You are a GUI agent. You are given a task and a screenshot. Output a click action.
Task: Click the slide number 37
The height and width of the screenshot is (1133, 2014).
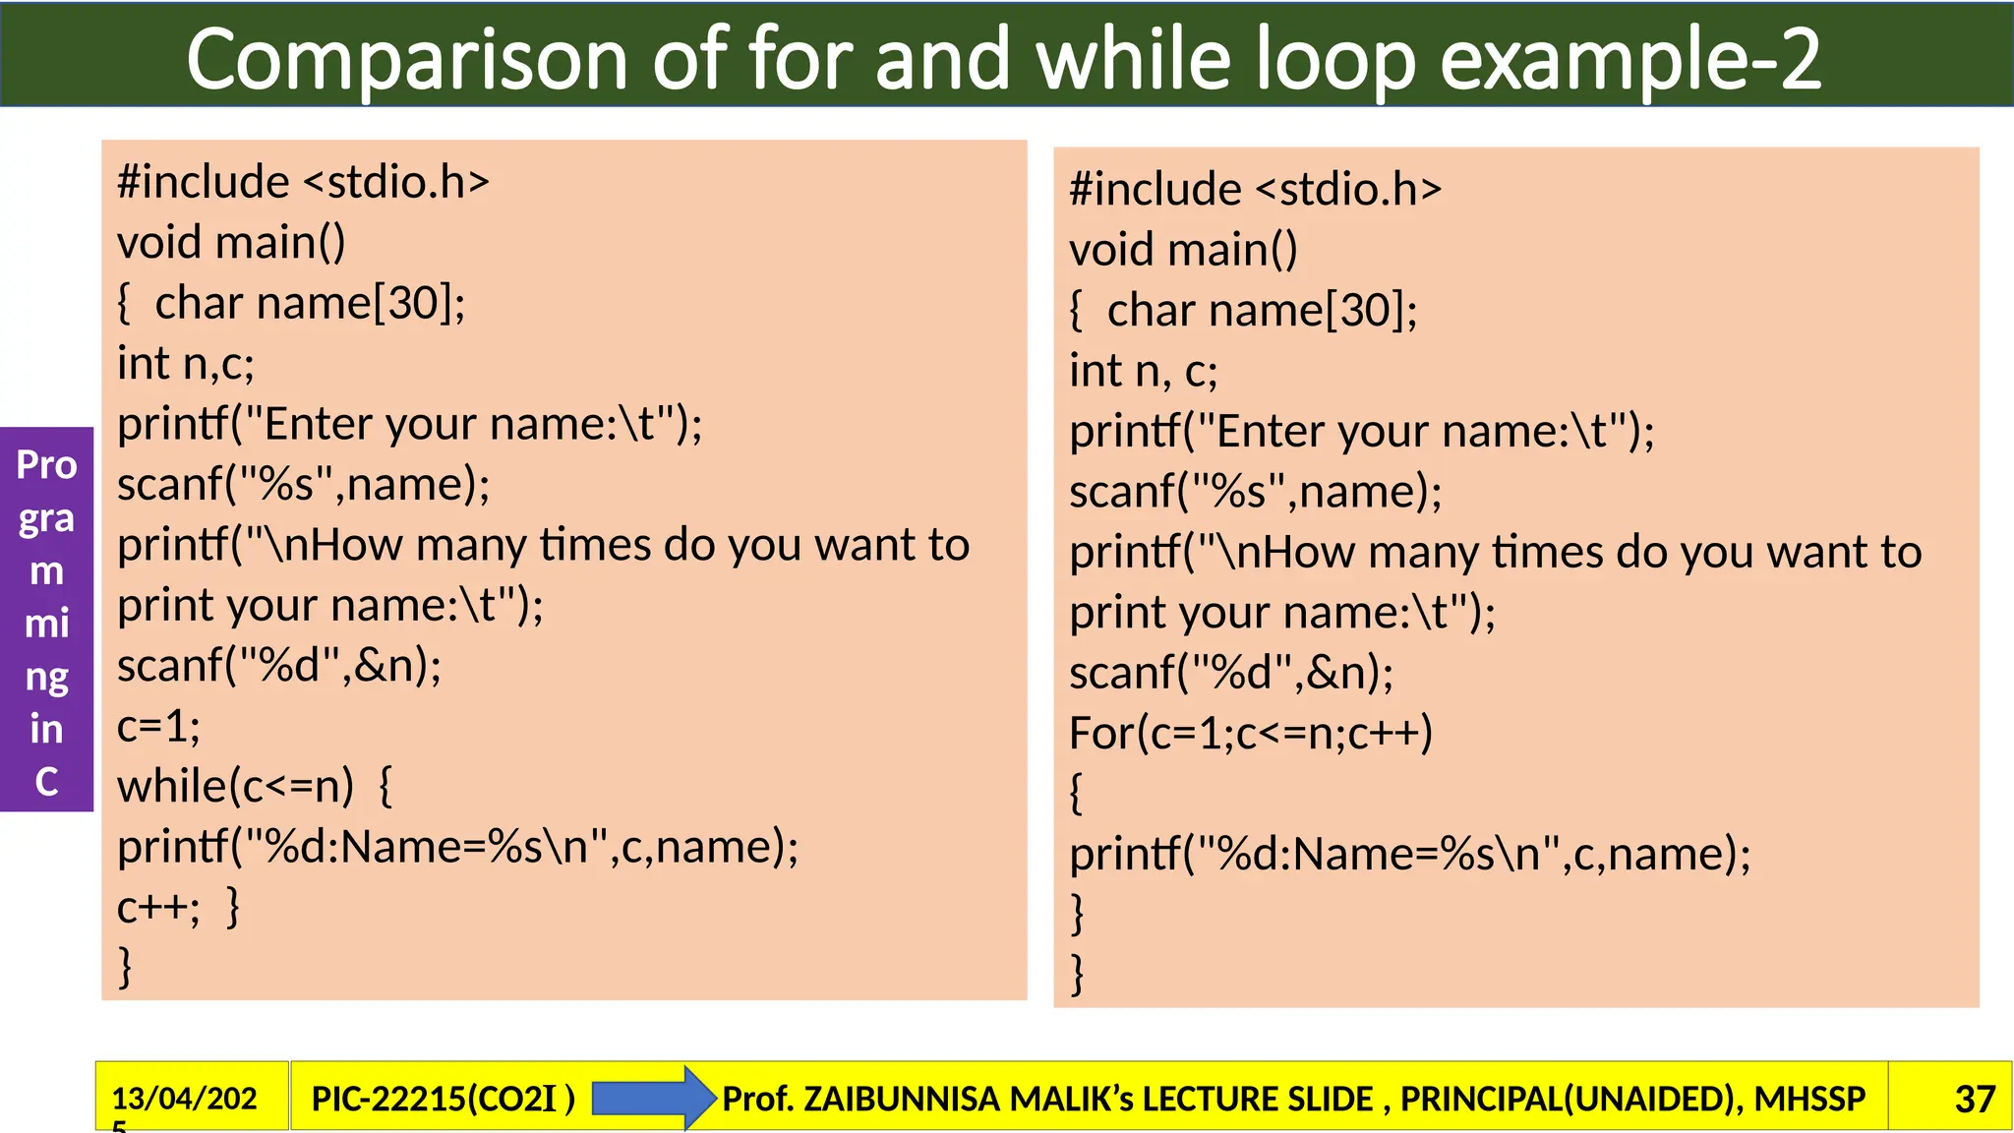pos(1974,1099)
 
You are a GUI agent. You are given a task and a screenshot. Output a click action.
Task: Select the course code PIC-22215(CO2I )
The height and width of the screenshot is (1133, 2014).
pos(443,1099)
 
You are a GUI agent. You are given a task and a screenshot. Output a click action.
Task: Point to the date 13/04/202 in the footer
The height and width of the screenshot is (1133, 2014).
pos(184,1098)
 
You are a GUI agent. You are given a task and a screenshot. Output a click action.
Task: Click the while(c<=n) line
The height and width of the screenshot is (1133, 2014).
pos(235,786)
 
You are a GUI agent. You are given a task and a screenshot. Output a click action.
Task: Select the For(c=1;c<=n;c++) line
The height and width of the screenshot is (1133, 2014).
pos(1250,733)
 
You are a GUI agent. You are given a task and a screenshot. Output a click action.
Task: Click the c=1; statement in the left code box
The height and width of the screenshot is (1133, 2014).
pos(158,726)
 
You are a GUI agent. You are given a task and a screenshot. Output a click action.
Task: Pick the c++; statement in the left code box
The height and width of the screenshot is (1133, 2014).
pos(157,907)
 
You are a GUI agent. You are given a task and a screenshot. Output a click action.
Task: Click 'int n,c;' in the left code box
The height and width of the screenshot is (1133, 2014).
pos(186,363)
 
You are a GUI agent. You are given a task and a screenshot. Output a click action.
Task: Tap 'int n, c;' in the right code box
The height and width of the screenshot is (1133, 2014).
pos(1144,371)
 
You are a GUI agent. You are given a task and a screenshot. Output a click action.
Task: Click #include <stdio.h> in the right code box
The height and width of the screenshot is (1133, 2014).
pos(1255,189)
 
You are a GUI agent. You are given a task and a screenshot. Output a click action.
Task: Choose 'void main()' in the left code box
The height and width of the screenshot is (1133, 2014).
pos(231,242)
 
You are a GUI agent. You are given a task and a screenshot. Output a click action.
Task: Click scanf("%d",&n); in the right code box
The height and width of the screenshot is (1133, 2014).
pos(1231,673)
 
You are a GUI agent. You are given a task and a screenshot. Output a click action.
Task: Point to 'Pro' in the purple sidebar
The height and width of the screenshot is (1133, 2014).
pos(46,464)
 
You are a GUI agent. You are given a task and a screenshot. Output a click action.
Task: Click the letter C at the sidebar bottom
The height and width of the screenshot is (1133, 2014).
pos(46,781)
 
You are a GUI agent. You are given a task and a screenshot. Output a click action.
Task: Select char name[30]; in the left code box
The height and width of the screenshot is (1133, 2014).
pos(310,303)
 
